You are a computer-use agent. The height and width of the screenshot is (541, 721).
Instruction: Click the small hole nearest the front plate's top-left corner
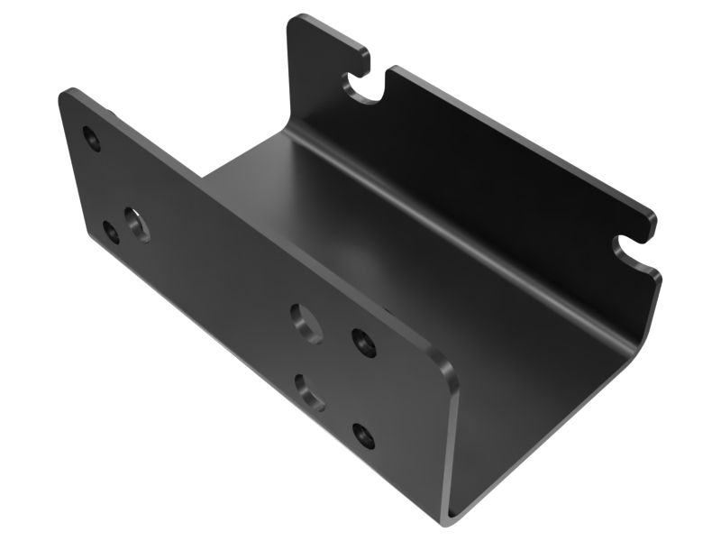tap(91, 138)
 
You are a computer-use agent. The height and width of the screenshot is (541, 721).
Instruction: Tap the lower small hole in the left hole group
tap(111, 232)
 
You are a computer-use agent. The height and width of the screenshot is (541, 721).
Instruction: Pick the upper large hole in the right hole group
tap(306, 322)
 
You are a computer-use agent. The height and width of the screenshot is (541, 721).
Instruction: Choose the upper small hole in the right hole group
tap(362, 342)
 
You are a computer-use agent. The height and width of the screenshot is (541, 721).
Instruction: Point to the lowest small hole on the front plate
tap(364, 436)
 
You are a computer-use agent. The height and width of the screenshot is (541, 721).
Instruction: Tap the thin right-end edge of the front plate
tap(452, 442)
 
